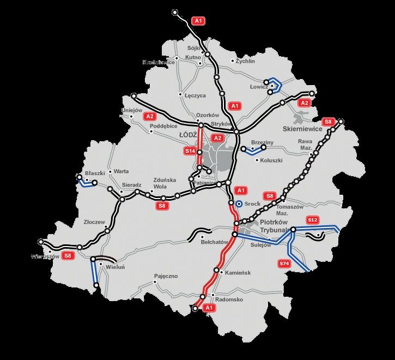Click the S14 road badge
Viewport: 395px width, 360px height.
[x=190, y=151]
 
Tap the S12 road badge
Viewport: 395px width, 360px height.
[x=312, y=220]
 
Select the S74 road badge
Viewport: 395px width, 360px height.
[x=284, y=264]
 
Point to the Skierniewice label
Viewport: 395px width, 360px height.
[x=303, y=129]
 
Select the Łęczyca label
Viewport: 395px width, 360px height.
[x=195, y=95]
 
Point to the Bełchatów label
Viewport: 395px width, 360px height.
[x=214, y=241]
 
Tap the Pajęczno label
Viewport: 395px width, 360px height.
[x=166, y=276]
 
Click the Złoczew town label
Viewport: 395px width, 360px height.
[x=94, y=222]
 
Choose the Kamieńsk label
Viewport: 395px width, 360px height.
[x=238, y=272]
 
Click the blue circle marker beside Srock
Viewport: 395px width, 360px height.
[x=239, y=203]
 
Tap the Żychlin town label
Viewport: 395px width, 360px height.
[x=245, y=61]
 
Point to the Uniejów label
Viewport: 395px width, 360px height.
[x=131, y=110]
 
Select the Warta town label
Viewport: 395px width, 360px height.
[x=121, y=171]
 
